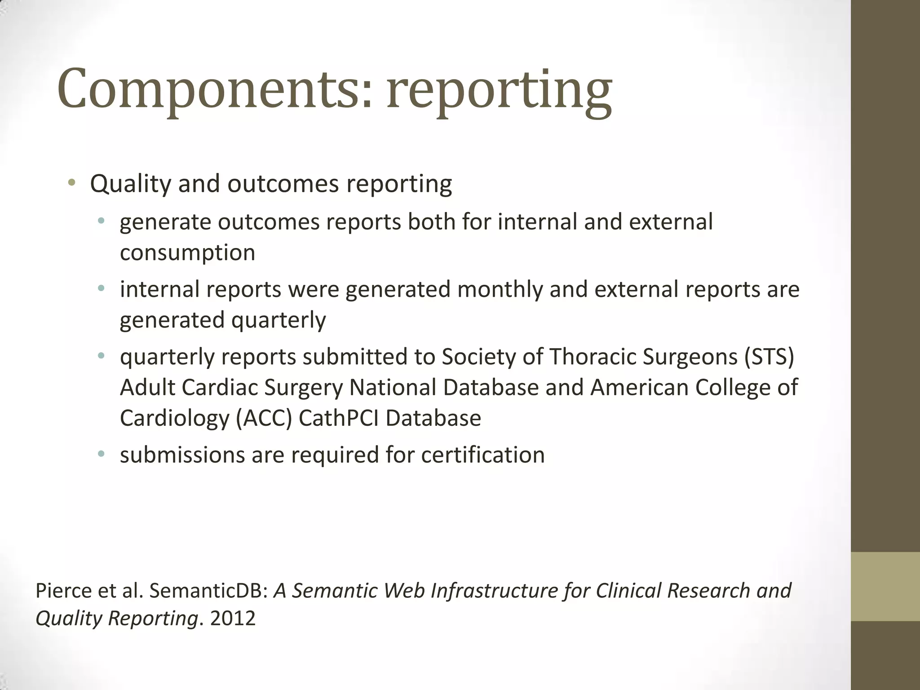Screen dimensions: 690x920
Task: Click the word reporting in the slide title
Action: pyautogui.click(x=499, y=92)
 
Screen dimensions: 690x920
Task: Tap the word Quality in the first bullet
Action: pyautogui.click(x=130, y=184)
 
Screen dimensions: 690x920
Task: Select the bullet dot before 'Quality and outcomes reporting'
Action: pyautogui.click(x=71, y=182)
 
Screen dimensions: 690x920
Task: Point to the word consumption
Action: pyautogui.click(x=187, y=253)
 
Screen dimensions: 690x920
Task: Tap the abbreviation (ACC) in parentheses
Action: pyautogui.click(x=264, y=418)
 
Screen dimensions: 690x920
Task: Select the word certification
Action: pyautogui.click(x=483, y=455)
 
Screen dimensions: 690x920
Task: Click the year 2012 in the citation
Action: pyautogui.click(x=233, y=619)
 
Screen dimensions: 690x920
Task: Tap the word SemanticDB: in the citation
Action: pyautogui.click(x=208, y=591)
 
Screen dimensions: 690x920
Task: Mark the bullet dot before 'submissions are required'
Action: pyautogui.click(x=101, y=454)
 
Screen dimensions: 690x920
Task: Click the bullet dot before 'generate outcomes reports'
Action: pyautogui.click(x=101, y=221)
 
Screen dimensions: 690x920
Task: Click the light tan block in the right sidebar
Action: pyautogui.click(x=885, y=587)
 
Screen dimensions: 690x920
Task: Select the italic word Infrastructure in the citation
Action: pyautogui.click(x=494, y=591)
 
